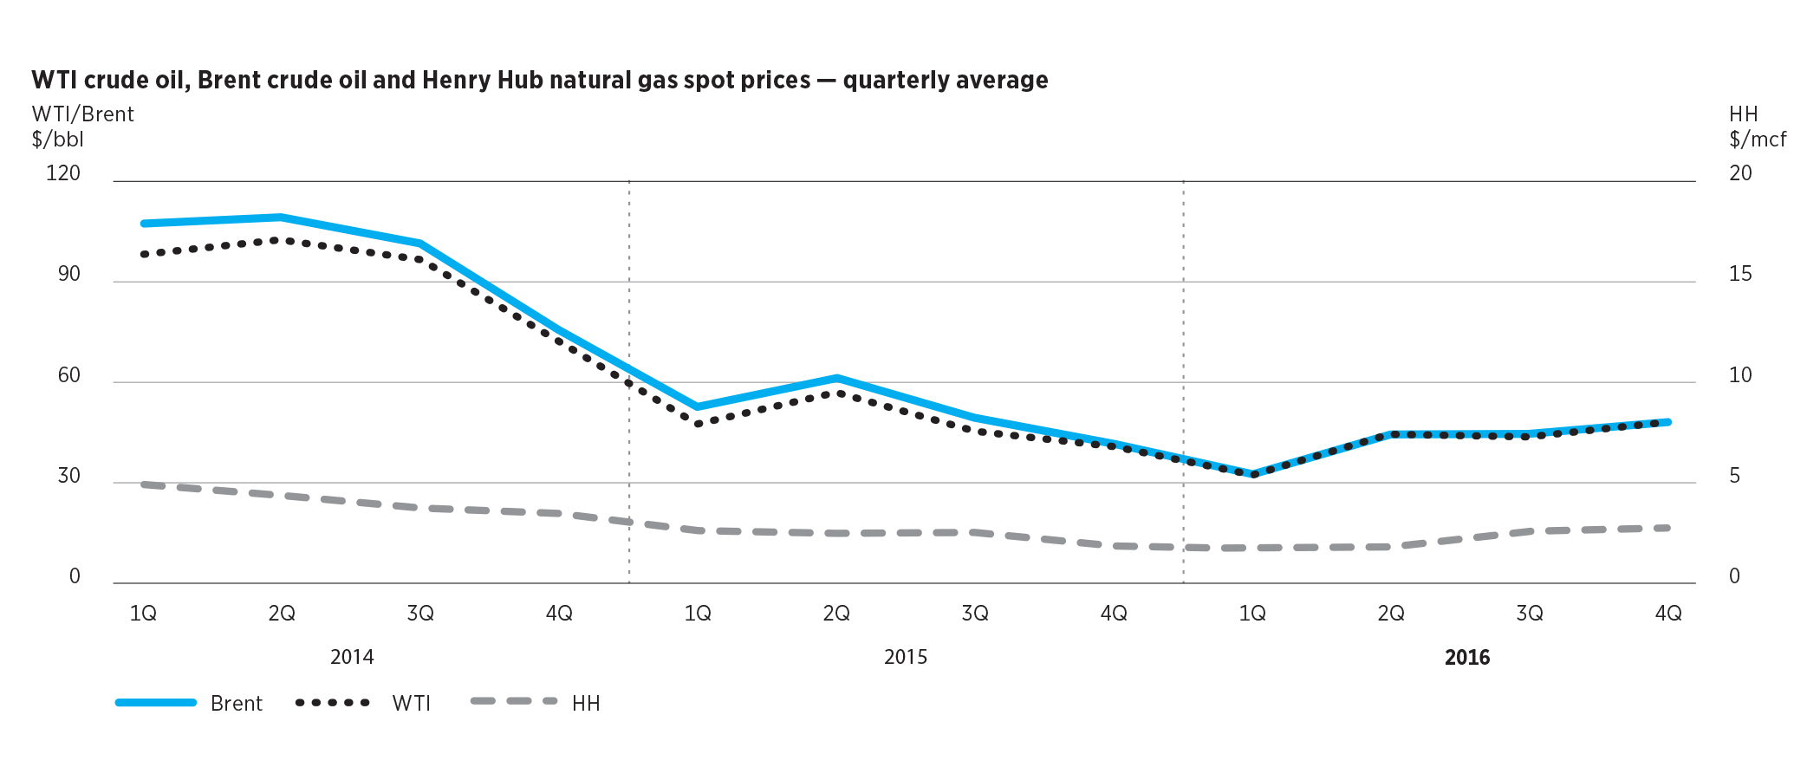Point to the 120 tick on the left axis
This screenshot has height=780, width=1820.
click(x=63, y=173)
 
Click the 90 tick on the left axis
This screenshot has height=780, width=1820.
click(x=68, y=274)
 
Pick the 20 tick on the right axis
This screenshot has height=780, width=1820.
click(x=1740, y=173)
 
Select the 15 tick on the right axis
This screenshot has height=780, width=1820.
click(x=1740, y=274)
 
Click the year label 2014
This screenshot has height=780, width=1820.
click(x=352, y=657)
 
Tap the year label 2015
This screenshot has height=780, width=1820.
click(x=906, y=657)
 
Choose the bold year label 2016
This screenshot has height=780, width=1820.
click(x=1467, y=657)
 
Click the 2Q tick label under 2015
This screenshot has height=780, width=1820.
click(x=836, y=614)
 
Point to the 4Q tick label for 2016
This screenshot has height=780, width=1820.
click(x=1668, y=614)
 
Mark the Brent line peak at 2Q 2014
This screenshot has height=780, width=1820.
click(x=281, y=217)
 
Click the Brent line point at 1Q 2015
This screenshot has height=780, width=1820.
click(x=698, y=406)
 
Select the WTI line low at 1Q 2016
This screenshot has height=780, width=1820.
click(x=1253, y=474)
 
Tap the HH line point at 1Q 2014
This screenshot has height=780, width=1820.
click(x=144, y=484)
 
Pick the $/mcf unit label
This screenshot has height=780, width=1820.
click(x=1758, y=140)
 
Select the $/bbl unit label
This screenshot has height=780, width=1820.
click(x=58, y=140)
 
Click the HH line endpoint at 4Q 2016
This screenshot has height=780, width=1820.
click(x=1668, y=528)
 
